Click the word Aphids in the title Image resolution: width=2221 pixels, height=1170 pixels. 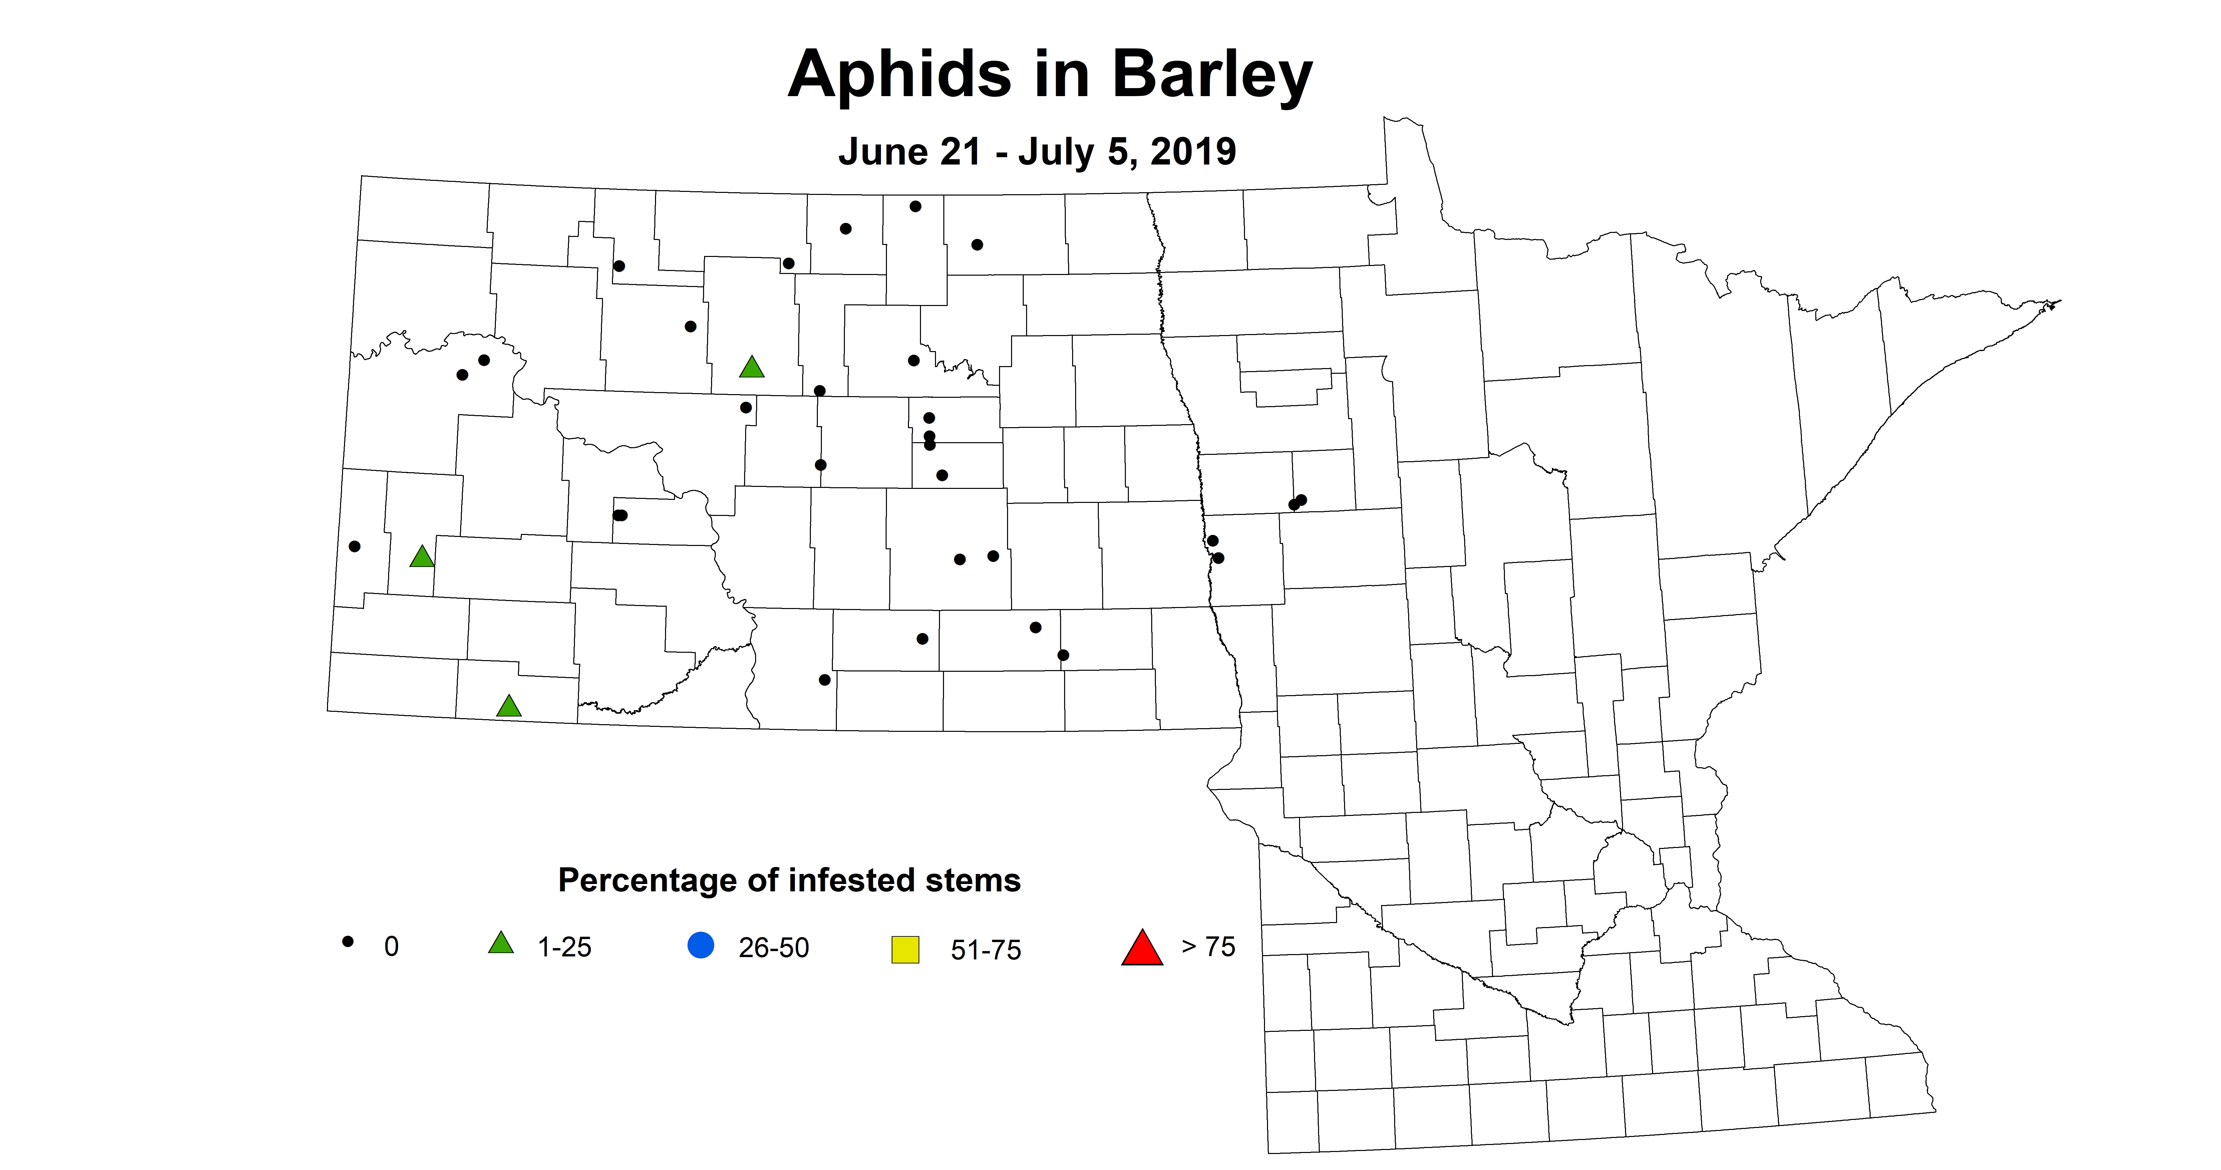point(899,75)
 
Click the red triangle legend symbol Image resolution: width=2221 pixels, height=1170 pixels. point(1142,948)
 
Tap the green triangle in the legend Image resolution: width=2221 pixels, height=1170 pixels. point(501,943)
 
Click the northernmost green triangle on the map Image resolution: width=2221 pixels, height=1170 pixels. point(752,367)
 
